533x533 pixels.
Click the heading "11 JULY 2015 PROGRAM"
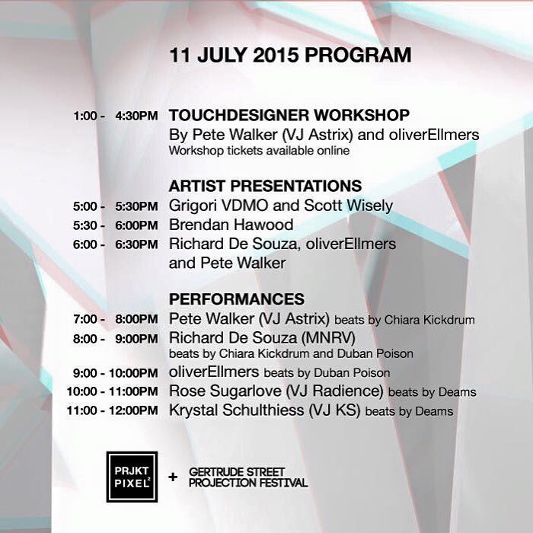pyautogui.click(x=290, y=55)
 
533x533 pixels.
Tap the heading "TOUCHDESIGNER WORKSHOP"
pyautogui.click(x=289, y=115)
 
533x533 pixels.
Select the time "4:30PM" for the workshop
pyautogui.click(x=136, y=116)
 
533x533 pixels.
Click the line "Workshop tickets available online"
pyautogui.click(x=259, y=151)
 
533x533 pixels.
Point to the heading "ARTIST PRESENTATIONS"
pyautogui.click(x=265, y=186)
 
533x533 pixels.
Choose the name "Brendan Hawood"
pyautogui.click(x=231, y=225)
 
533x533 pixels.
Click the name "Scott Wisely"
pyautogui.click(x=349, y=206)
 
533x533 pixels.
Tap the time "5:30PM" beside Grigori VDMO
pyautogui.click(x=136, y=206)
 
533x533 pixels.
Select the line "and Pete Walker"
pyautogui.click(x=227, y=263)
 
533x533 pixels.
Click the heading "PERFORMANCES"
pyautogui.click(x=237, y=299)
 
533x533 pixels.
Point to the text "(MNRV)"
pyautogui.click(x=328, y=338)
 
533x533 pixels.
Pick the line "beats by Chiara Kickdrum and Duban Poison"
pyautogui.click(x=291, y=353)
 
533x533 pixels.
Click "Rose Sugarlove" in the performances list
pyautogui.click(x=225, y=391)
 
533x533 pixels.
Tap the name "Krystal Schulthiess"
pyautogui.click(x=236, y=410)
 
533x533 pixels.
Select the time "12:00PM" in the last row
pyautogui.click(x=133, y=410)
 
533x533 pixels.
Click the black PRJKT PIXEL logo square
pyautogui.click(x=132, y=477)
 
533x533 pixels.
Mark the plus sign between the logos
pyautogui.click(x=173, y=477)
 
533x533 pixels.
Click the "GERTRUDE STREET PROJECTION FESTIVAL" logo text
pyautogui.click(x=248, y=477)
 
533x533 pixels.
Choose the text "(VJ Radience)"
pyautogui.click(x=334, y=391)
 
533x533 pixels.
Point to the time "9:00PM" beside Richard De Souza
pyautogui.click(x=136, y=339)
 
